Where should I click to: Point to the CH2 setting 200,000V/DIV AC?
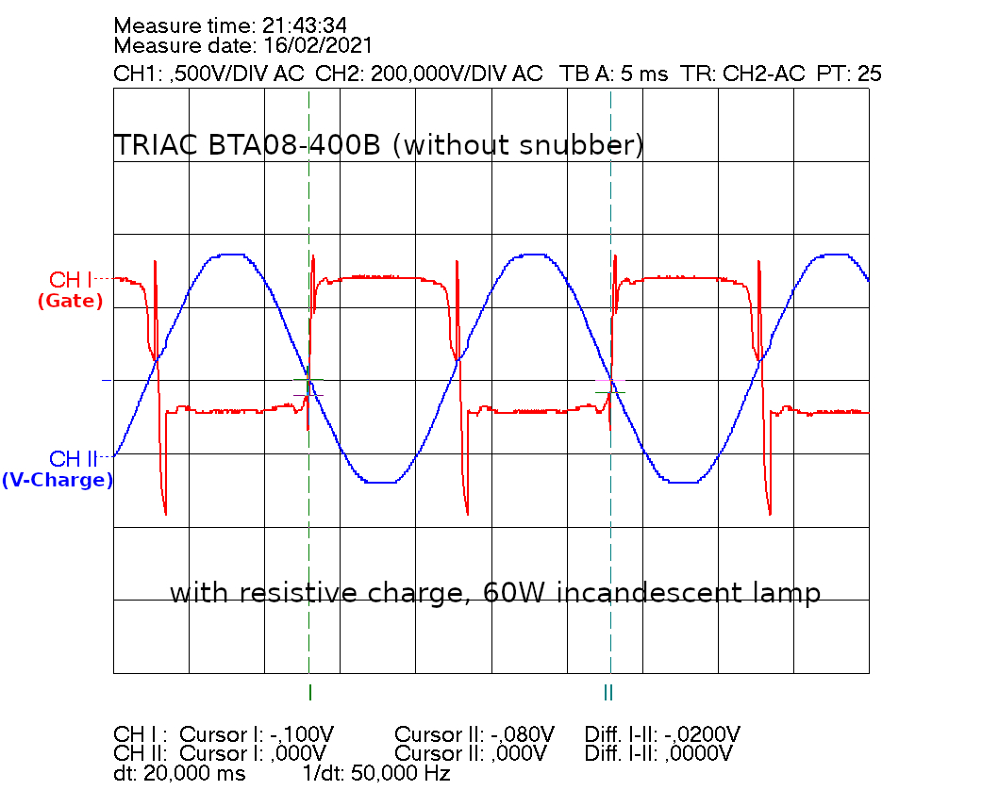click(x=458, y=74)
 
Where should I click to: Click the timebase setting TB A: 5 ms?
click(x=614, y=74)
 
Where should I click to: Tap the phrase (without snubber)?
click(x=519, y=146)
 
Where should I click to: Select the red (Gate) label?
click(x=70, y=302)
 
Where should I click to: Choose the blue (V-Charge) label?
click(x=58, y=480)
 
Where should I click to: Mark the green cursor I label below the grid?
click(x=309, y=693)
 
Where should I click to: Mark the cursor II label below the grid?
click(x=608, y=693)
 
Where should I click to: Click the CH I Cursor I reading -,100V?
click(x=302, y=734)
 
